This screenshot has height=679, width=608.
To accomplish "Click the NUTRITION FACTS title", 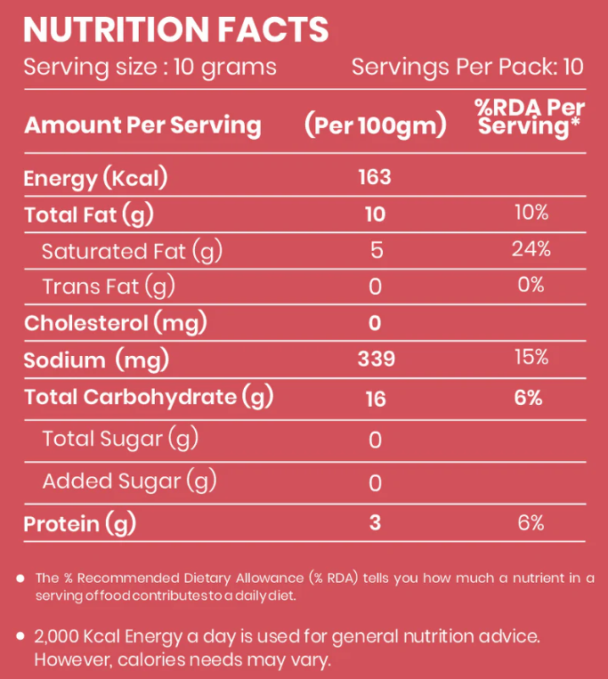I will tap(175, 29).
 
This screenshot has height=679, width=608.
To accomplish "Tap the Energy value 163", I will tap(375, 177).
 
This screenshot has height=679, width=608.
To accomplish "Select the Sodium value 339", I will tap(375, 359).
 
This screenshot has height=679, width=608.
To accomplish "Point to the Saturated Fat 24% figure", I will tap(531, 249).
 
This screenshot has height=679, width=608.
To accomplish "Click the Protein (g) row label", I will tap(79, 523).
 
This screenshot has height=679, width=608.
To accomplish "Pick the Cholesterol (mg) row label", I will tap(115, 323).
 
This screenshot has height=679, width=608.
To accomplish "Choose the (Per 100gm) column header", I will tap(375, 125).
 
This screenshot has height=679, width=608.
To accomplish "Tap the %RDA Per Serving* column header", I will tap(530, 117).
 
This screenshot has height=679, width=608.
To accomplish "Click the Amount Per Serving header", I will tap(142, 125).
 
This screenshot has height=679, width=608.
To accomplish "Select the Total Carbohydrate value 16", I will tap(375, 399).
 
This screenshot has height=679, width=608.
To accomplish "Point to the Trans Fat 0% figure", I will tap(531, 285).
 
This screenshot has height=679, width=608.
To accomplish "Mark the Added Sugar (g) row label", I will tap(129, 481).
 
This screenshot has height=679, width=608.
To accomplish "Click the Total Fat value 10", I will tap(375, 214).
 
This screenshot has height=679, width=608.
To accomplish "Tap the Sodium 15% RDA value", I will tap(531, 358).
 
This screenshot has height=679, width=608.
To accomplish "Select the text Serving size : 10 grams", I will tap(150, 68).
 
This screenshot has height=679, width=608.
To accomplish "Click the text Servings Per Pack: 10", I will tap(467, 68).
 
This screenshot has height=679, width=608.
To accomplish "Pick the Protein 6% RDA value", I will tap(531, 522).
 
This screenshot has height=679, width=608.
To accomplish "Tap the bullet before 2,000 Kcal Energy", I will tap(20, 636).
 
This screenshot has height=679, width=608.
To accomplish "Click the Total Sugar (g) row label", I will tap(119, 439).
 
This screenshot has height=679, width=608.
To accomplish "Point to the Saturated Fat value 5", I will tap(376, 250).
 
